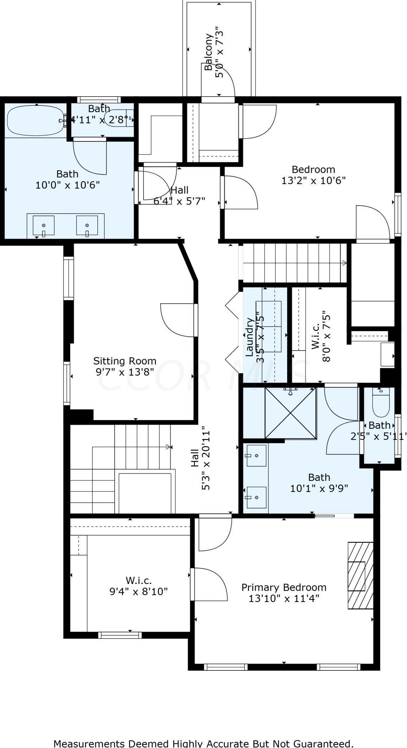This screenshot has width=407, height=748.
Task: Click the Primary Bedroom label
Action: pyautogui.click(x=284, y=587)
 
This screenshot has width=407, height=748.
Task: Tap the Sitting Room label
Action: pyautogui.click(x=124, y=361)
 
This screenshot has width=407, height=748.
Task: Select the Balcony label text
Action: pyautogui.click(x=209, y=52)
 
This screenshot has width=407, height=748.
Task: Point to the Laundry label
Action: pyautogui.click(x=250, y=337)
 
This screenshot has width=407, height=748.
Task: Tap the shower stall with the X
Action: pyautogui.click(x=290, y=413)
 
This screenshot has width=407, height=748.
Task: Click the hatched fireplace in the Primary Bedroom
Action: pyautogui.click(x=360, y=575)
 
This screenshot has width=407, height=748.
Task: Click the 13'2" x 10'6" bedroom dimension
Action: pyautogui.click(x=313, y=181)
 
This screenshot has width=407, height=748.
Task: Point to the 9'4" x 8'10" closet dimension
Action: pyautogui.click(x=138, y=591)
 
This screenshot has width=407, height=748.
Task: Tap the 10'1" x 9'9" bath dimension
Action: pyautogui.click(x=319, y=488)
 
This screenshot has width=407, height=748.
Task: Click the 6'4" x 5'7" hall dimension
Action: pyautogui.click(x=179, y=201)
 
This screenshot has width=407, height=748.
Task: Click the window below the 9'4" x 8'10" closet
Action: pyautogui.click(x=120, y=635)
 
